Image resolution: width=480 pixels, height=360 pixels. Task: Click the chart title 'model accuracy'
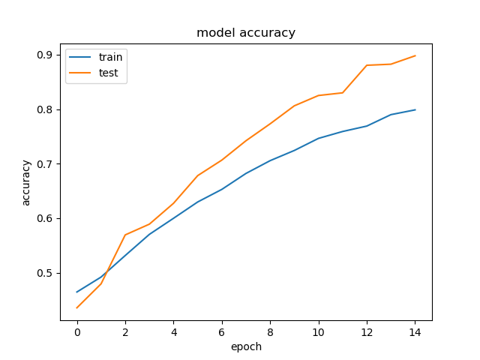[x=246, y=33]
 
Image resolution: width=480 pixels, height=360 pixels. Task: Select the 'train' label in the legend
[x=110, y=58]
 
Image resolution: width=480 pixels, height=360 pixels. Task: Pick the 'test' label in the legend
[x=108, y=73]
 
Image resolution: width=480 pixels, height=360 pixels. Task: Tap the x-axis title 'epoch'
[x=246, y=346]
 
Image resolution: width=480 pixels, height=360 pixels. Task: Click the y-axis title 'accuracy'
[x=26, y=182]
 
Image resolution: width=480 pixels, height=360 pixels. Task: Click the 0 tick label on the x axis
[x=77, y=331]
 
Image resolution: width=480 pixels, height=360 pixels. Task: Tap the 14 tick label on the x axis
[x=415, y=331]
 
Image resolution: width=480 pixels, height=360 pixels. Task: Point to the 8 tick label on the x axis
[x=270, y=331]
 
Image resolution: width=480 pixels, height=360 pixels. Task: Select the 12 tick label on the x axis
[x=367, y=331]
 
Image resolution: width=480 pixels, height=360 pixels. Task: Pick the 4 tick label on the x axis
[x=173, y=331]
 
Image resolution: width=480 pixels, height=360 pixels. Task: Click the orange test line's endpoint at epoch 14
[x=415, y=55]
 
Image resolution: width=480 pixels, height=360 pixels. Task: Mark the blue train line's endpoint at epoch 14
[x=415, y=109]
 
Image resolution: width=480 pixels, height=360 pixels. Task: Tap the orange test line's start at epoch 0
[x=77, y=307]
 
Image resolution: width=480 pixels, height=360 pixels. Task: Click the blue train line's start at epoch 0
[x=77, y=292]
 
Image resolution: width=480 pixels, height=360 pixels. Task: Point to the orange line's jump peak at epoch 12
[x=367, y=65]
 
